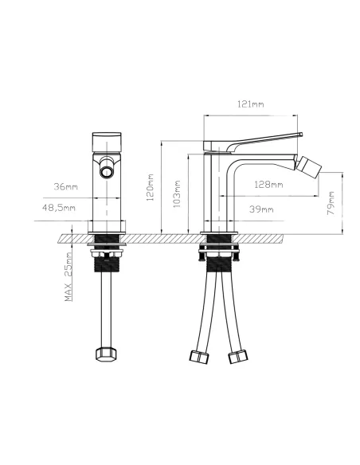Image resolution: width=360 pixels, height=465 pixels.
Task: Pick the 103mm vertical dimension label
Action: [x=177, y=193]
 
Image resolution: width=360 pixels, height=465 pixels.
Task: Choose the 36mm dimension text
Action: [x=65, y=186]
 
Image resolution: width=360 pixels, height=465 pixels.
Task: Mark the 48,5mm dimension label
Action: [x=59, y=209]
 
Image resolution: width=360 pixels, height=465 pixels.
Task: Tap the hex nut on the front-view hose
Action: [x=107, y=353]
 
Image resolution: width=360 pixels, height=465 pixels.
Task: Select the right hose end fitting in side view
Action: [x=237, y=356]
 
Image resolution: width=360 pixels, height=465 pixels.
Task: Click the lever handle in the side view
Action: [x=255, y=140]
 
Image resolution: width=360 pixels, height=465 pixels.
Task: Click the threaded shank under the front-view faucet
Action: [x=106, y=263]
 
